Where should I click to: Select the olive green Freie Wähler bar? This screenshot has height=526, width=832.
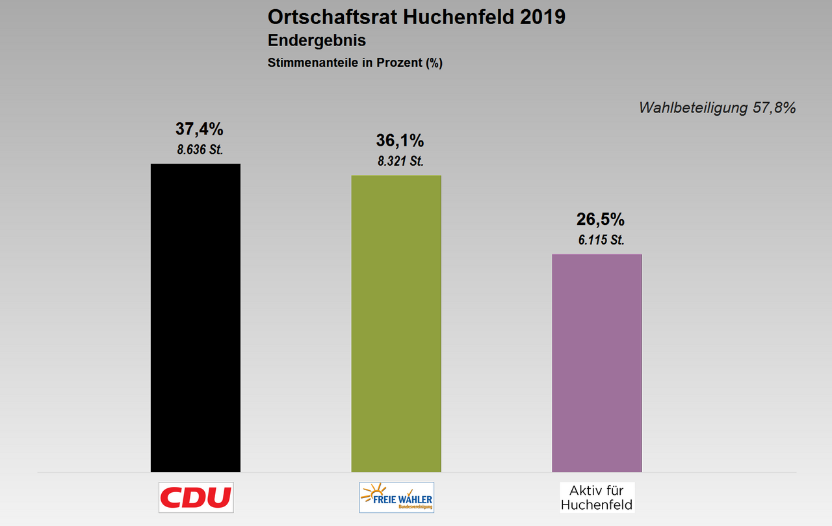(396, 323)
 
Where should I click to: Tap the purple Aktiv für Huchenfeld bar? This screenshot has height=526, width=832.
(597, 362)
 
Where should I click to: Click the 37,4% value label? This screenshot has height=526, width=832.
(199, 129)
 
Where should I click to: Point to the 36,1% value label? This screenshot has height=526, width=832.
(400, 140)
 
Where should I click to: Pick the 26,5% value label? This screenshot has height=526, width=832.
(601, 219)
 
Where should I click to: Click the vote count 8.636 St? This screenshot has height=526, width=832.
(200, 150)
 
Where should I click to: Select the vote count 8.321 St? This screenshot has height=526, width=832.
(400, 162)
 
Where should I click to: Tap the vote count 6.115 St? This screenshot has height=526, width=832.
(601, 240)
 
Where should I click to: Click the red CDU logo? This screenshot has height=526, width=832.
(196, 497)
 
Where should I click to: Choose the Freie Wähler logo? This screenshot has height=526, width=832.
(396, 497)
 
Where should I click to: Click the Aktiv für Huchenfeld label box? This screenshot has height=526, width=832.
(597, 497)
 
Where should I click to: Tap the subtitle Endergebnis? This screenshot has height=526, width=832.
(317, 40)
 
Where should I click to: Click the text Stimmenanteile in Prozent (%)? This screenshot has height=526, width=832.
(355, 63)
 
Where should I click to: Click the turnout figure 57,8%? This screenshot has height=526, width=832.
(773, 108)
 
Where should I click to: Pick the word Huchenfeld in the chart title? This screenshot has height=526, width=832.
(445, 17)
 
